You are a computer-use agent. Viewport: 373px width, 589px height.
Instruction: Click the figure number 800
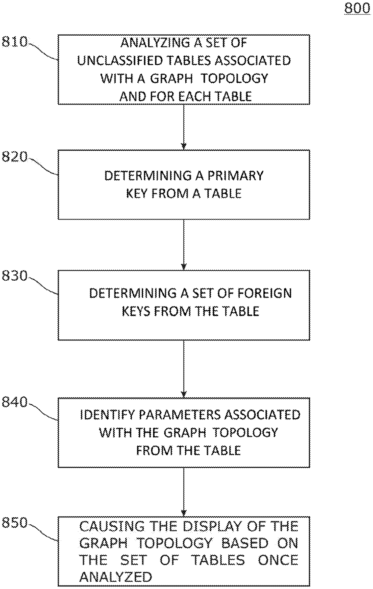click(357, 8)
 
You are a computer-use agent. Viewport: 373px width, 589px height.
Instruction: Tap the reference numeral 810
click(14, 42)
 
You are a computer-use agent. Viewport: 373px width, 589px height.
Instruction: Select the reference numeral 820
click(14, 157)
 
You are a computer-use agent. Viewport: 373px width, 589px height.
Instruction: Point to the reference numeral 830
click(14, 276)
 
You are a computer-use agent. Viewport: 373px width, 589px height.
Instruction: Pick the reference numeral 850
click(14, 523)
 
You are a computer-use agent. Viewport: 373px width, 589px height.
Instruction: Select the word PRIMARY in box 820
click(235, 176)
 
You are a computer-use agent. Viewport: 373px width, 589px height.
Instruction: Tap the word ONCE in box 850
click(278, 560)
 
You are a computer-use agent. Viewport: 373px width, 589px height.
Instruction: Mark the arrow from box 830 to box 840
click(184, 369)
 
